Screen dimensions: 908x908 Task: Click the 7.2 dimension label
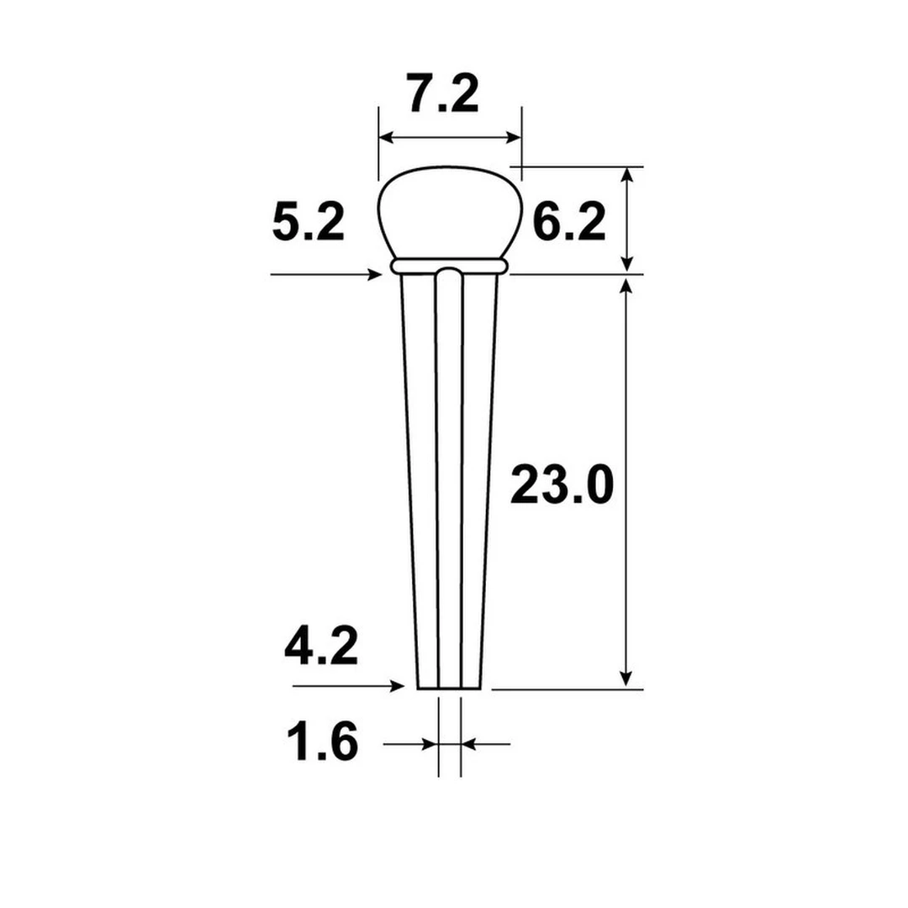(444, 94)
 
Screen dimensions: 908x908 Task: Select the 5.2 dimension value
(308, 224)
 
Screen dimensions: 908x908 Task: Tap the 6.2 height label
(569, 224)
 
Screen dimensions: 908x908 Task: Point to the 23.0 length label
(562, 486)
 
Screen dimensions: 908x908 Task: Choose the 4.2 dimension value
(321, 647)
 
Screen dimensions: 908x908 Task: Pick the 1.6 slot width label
(322, 743)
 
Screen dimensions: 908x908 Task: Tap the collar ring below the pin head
(450, 267)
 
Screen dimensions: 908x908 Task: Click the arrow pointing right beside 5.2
(328, 274)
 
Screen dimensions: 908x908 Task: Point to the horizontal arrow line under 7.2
(450, 137)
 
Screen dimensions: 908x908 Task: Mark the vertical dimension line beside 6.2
(626, 219)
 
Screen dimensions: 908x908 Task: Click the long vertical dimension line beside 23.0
(626, 483)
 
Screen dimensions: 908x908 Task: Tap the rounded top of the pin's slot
(449, 272)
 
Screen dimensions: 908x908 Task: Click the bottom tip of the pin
(452, 687)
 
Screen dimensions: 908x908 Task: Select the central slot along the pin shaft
(450, 479)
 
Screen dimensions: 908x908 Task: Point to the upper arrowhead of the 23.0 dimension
(626, 286)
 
